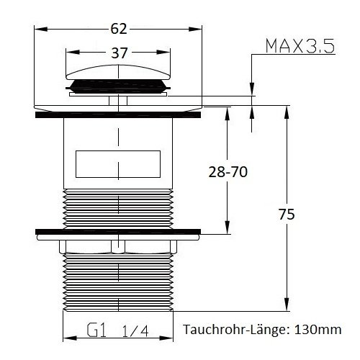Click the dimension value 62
(119, 29)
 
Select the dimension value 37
(119, 53)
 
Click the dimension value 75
(286, 214)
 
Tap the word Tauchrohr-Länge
(230, 330)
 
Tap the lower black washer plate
(119, 233)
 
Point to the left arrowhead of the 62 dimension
(39, 29)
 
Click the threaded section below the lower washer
(119, 281)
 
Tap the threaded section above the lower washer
(119, 209)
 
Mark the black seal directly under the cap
(119, 89)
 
